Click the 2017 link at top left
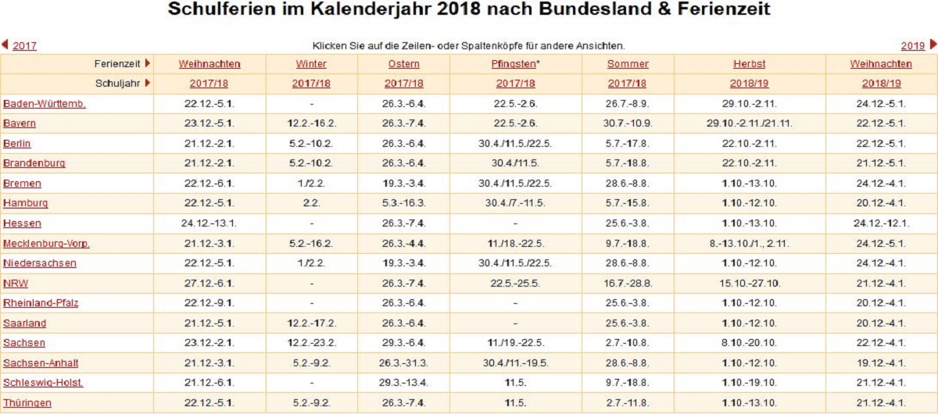click(24, 46)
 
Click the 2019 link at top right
click(912, 46)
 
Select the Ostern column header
click(403, 64)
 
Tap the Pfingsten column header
click(514, 64)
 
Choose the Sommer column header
click(628, 64)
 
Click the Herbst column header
click(749, 64)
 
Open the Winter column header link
click(311, 64)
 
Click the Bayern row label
click(20, 123)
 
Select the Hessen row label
click(22, 223)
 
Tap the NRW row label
click(16, 284)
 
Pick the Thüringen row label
click(27, 403)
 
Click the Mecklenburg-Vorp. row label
click(46, 244)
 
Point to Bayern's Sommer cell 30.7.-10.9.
click(628, 123)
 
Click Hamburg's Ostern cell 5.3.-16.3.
click(403, 203)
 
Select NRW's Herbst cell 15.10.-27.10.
click(749, 284)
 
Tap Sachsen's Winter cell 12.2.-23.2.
click(311, 343)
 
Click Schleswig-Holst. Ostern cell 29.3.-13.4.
click(403, 383)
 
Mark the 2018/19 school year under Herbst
click(749, 84)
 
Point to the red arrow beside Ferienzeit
click(147, 63)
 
